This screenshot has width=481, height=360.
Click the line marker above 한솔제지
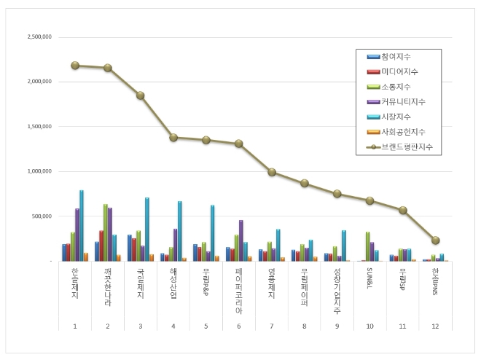(x=75, y=65)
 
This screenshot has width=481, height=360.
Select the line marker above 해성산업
(x=173, y=137)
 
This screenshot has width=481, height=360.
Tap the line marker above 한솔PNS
(x=436, y=240)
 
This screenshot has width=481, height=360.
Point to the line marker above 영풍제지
(x=272, y=172)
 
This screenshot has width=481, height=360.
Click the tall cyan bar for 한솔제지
(x=82, y=225)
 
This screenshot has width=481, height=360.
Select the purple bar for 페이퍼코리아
(x=241, y=240)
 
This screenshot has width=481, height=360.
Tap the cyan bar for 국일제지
(x=147, y=229)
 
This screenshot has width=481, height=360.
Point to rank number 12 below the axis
(x=436, y=326)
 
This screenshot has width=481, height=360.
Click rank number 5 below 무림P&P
(x=206, y=326)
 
